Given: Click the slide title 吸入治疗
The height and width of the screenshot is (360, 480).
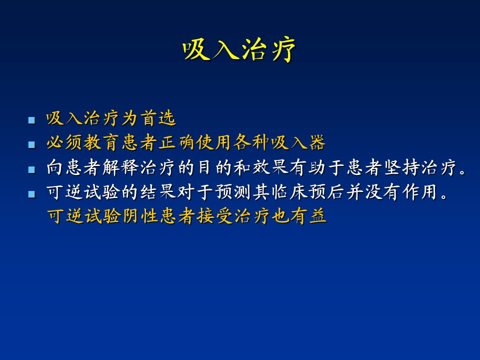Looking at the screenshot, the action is [239, 49].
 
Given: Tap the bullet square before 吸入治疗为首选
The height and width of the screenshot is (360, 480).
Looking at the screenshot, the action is [31, 119].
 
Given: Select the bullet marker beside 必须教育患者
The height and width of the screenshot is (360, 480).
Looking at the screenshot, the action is [31, 144].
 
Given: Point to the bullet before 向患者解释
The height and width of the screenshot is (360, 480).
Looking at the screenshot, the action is [31, 169].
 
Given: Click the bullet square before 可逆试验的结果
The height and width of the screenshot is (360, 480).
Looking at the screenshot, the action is [31, 194].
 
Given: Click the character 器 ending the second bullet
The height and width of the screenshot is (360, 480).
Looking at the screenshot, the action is [317, 142].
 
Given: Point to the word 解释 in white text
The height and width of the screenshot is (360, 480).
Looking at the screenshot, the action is [120, 167].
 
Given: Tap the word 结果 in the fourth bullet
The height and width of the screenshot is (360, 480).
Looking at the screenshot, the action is [158, 192].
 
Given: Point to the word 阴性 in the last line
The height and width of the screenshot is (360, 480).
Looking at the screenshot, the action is [139, 216].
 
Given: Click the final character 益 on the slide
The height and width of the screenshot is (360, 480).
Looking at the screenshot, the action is [317, 216].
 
